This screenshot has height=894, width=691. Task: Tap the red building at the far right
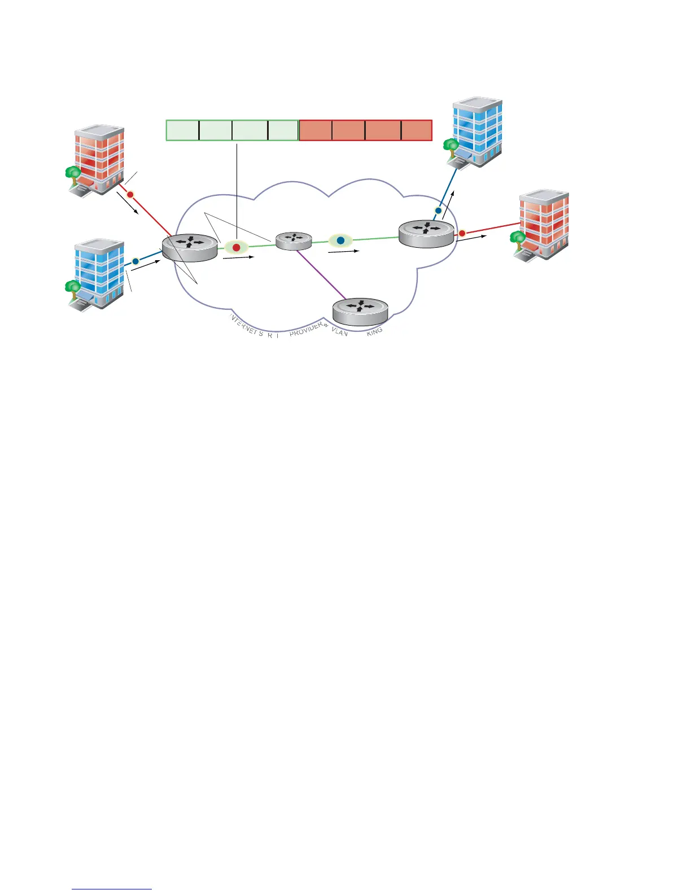pyautogui.click(x=541, y=224)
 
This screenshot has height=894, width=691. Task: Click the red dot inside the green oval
pyautogui.click(x=237, y=247)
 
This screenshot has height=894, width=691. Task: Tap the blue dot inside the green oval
pyautogui.click(x=340, y=240)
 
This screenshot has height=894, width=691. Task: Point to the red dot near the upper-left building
pyautogui.click(x=130, y=195)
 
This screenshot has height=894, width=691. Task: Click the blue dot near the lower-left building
pyautogui.click(x=135, y=261)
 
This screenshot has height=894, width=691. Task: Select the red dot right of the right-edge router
pyautogui.click(x=462, y=233)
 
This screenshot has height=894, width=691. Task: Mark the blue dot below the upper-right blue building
pyautogui.click(x=438, y=211)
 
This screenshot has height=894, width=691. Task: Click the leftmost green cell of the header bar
pyautogui.click(x=182, y=130)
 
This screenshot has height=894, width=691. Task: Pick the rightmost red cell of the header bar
pyautogui.click(x=417, y=130)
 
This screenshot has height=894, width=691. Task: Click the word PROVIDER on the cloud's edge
pyautogui.click(x=305, y=330)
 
